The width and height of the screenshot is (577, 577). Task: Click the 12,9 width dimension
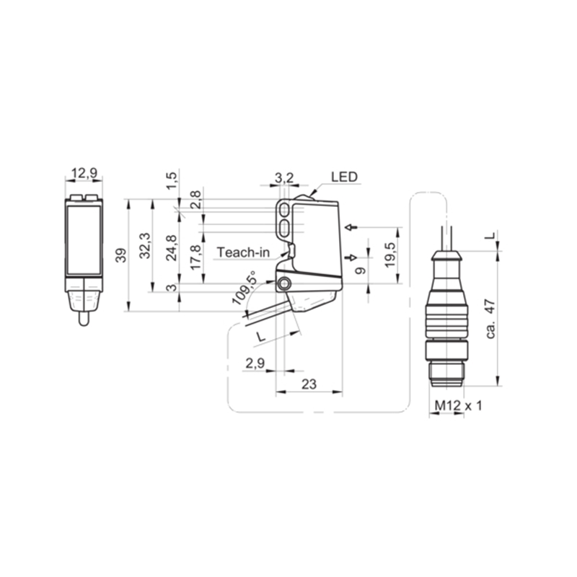pyautogui.click(x=84, y=172)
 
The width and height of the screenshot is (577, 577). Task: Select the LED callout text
pyautogui.click(x=344, y=177)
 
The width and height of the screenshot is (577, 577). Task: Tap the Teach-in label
pyautogui.click(x=243, y=252)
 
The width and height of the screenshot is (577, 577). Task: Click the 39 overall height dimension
pyautogui.click(x=121, y=255)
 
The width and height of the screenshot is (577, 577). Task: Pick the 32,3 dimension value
pyautogui.click(x=146, y=245)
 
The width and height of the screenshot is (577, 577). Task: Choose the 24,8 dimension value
pyautogui.click(x=172, y=248)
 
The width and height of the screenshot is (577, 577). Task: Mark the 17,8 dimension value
pyautogui.click(x=195, y=257)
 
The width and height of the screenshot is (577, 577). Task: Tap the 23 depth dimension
pyautogui.click(x=309, y=384)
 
